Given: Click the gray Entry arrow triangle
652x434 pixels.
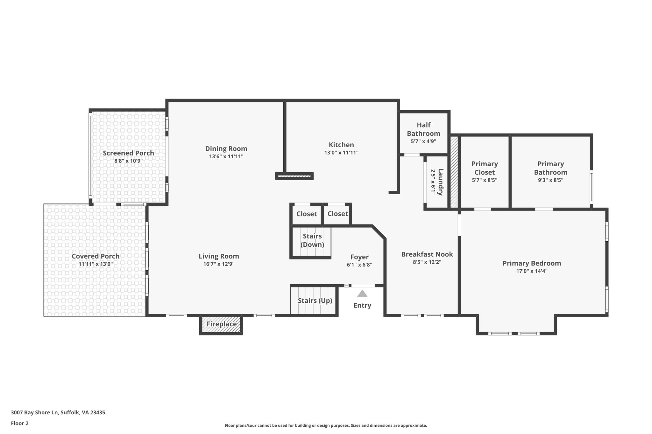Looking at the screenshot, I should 362,293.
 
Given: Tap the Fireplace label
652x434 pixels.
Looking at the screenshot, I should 222,324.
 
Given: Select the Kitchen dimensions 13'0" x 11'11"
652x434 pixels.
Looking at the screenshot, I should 341,153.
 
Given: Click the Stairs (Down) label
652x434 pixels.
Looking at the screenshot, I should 312,240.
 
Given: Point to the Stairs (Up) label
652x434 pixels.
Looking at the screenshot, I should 315,300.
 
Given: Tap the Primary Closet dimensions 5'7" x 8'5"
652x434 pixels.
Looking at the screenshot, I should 485,180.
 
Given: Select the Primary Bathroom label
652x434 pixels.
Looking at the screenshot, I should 550,168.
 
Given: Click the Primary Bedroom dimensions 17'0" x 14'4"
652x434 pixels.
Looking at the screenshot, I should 532,271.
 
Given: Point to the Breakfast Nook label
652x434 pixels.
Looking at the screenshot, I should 427,254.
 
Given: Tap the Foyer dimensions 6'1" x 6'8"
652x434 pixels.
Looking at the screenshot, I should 359,265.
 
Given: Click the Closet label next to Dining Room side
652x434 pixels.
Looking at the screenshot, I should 307,214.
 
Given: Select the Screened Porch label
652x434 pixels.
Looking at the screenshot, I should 128,153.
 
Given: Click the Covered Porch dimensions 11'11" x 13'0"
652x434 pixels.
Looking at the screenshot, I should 96,264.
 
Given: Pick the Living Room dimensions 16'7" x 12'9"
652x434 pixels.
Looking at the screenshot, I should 219,264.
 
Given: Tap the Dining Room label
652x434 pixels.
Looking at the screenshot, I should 226,148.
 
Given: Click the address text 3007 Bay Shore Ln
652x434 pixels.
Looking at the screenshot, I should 35,413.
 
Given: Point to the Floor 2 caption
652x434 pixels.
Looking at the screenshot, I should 20,423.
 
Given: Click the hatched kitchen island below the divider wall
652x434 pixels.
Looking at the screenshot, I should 294,176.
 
